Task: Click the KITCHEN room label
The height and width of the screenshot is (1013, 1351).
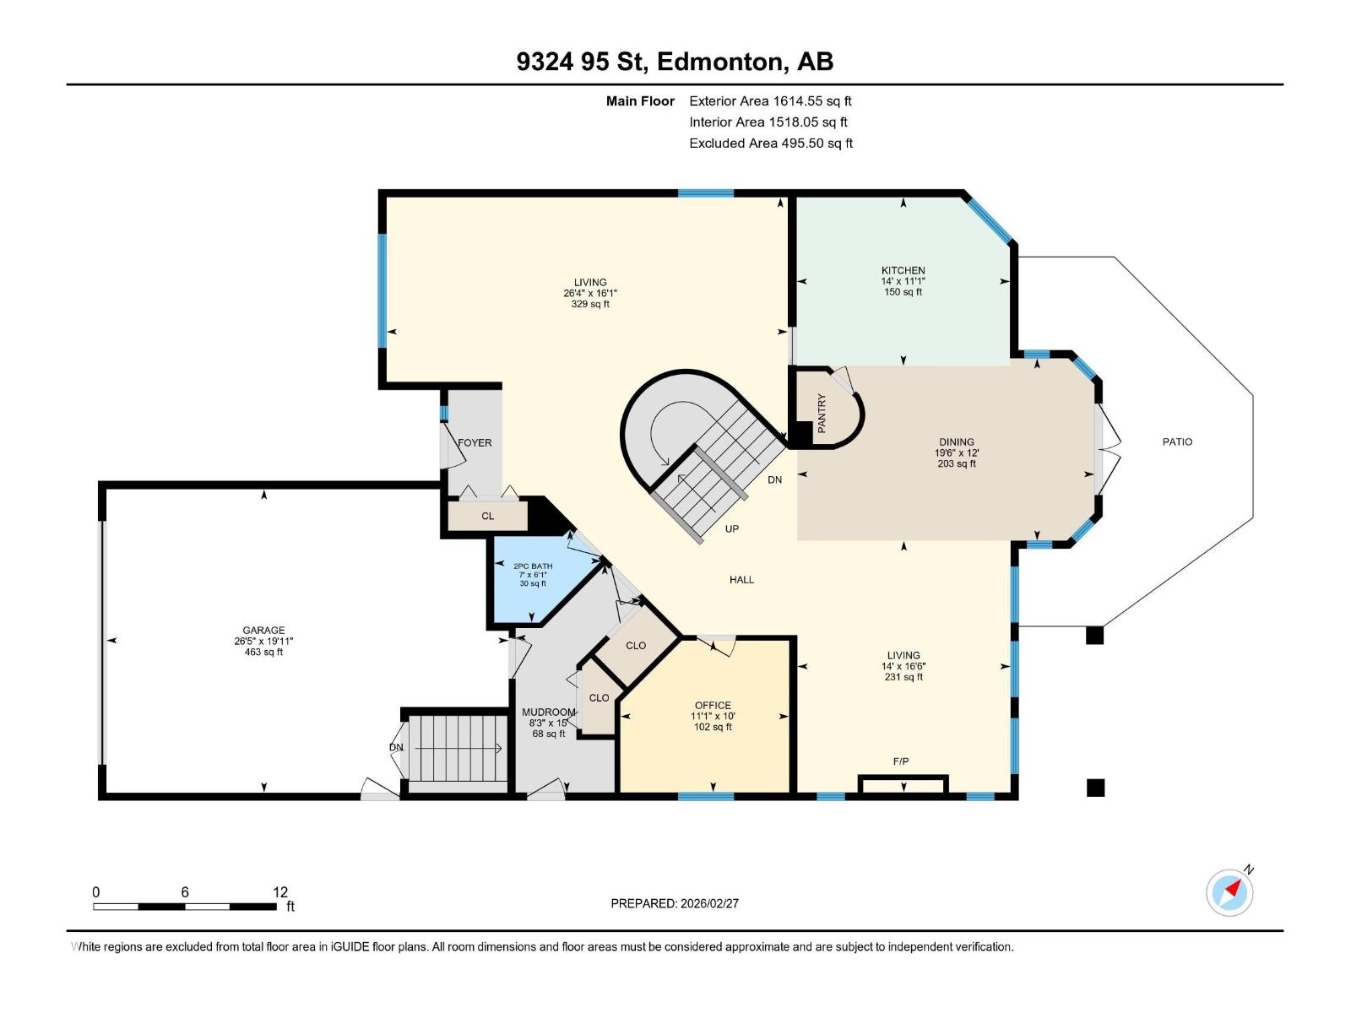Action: pyautogui.click(x=903, y=270)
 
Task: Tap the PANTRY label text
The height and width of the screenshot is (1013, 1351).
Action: pyautogui.click(x=822, y=414)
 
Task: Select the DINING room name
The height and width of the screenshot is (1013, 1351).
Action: pyautogui.click(x=957, y=441)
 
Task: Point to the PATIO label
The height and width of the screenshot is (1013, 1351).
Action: pyautogui.click(x=1177, y=441)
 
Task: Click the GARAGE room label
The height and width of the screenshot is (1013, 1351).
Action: pyautogui.click(x=263, y=630)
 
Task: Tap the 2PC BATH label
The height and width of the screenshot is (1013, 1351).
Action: pyautogui.click(x=533, y=566)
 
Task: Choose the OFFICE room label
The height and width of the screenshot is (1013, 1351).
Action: pyautogui.click(x=713, y=705)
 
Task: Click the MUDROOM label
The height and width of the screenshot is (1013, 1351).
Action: pyautogui.click(x=548, y=712)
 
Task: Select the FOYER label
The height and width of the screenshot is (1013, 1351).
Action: pyautogui.click(x=475, y=442)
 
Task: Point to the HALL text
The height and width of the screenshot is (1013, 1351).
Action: pyautogui.click(x=741, y=579)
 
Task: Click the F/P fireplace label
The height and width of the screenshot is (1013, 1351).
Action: pyautogui.click(x=901, y=761)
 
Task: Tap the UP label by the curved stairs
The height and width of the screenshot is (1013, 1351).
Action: pyautogui.click(x=732, y=528)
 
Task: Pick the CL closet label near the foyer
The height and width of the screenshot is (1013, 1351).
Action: pyautogui.click(x=487, y=516)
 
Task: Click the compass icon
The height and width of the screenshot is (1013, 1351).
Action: pyautogui.click(x=1229, y=892)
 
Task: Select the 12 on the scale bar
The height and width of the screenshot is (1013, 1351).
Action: pyautogui.click(x=280, y=891)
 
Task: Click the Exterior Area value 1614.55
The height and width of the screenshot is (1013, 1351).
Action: pyautogui.click(x=798, y=100)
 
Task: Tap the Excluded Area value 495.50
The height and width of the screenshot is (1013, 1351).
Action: pyautogui.click(x=803, y=144)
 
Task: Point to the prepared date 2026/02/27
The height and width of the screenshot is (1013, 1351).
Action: pyautogui.click(x=709, y=903)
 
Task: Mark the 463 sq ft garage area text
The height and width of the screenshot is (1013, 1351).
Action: pyautogui.click(x=263, y=652)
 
